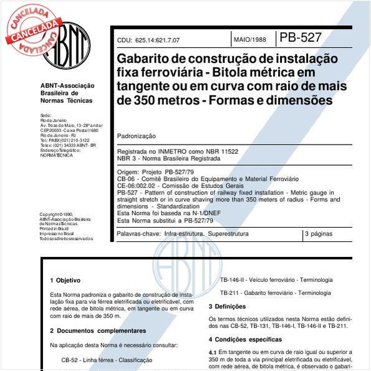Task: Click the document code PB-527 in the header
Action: (x=301, y=37)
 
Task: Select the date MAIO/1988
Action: (x=249, y=40)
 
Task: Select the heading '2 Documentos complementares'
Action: (x=98, y=330)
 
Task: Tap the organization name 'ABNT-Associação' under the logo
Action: (x=67, y=85)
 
